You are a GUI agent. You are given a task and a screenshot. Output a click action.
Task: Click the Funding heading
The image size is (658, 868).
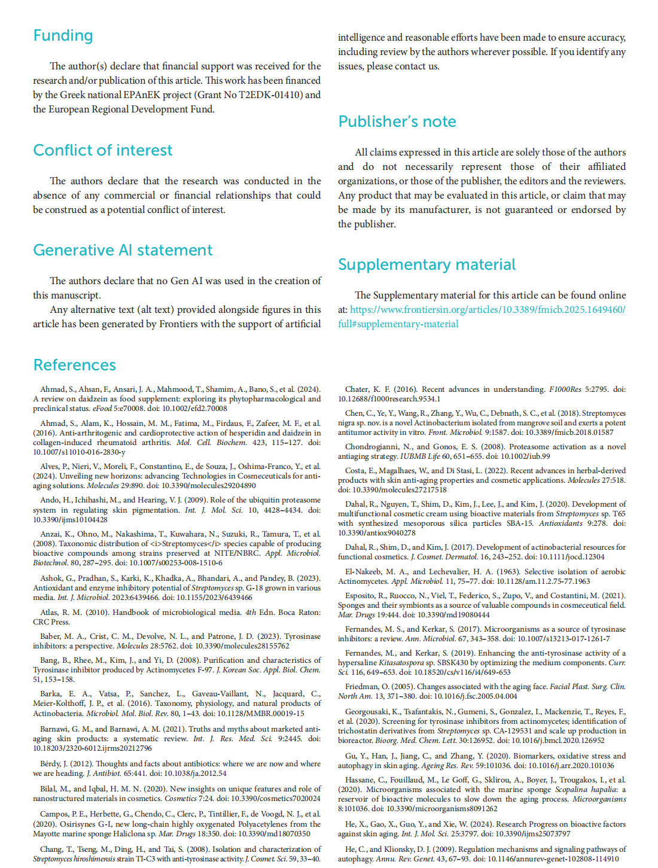[x=63, y=36]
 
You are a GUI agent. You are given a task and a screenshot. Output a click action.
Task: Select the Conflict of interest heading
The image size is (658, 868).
[x=102, y=150]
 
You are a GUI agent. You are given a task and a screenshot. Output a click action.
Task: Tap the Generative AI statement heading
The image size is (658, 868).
[x=123, y=250]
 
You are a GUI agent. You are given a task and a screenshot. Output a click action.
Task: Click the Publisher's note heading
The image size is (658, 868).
[x=397, y=121]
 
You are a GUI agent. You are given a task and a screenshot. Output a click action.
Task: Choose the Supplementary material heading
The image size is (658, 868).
[x=427, y=264]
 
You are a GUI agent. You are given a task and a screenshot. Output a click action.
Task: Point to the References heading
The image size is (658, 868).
[x=74, y=365]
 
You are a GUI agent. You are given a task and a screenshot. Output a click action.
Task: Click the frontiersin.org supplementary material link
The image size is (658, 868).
[x=487, y=310]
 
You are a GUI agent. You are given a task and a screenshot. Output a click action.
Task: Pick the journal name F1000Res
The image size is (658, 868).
[x=565, y=389]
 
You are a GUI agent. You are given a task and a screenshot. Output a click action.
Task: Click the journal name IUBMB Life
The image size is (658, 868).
[x=420, y=456]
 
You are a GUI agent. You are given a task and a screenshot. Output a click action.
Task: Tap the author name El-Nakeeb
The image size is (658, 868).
[x=364, y=571]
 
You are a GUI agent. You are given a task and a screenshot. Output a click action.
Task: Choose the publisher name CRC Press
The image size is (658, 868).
[x=51, y=622]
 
